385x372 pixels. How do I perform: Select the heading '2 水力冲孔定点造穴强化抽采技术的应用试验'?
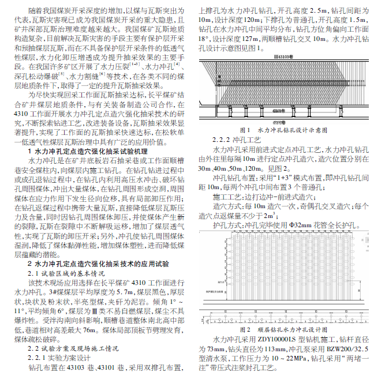point(99,263)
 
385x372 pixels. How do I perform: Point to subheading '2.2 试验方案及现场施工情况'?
point(73,348)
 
